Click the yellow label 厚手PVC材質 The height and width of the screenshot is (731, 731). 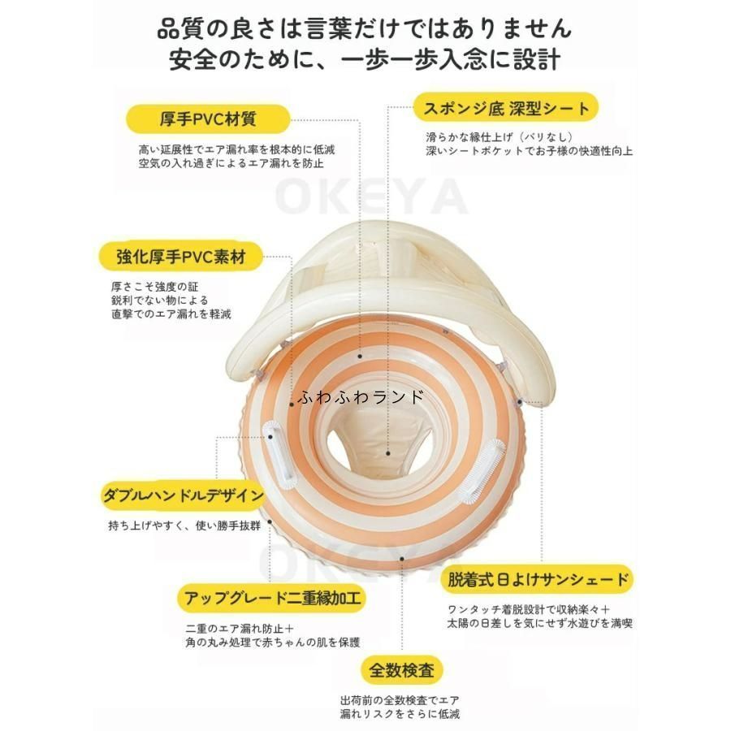(209, 119)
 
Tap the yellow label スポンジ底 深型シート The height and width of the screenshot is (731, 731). (506, 108)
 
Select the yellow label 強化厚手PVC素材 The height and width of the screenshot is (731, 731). (181, 256)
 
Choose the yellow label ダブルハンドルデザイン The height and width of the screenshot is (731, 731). (184, 495)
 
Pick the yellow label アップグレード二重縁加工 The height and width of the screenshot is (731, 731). (272, 598)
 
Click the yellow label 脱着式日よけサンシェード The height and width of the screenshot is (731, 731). (538, 579)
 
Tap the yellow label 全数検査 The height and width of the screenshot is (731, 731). (401, 670)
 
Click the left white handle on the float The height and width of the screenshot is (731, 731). (278, 452)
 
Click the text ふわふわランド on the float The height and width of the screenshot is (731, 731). (361, 396)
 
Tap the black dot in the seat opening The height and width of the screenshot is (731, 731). (388, 452)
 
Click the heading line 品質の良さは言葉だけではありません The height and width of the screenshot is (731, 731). (365, 28)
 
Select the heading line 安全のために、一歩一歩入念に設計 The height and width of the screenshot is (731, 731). (365, 60)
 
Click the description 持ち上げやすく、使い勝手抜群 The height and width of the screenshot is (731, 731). (184, 526)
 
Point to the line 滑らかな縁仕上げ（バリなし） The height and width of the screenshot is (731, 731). (499, 137)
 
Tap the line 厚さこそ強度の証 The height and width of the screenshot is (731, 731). (155, 287)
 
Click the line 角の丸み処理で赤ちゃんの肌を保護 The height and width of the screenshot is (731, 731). (273, 642)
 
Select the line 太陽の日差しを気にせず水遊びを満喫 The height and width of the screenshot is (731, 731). (540, 623)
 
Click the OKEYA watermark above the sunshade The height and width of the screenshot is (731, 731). (370, 197)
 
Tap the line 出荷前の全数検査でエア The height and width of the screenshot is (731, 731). (400, 700)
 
